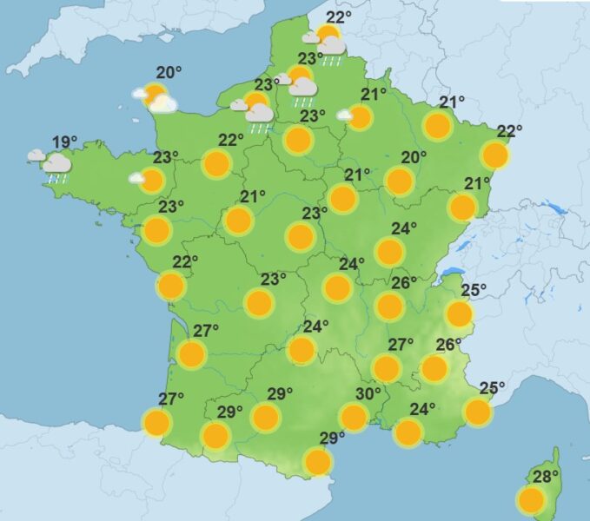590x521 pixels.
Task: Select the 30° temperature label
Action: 368,393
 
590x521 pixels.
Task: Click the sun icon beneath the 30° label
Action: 354,418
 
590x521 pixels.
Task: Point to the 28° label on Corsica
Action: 546,476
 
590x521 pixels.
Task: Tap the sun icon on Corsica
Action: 531,499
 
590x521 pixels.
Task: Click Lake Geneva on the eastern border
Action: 451,272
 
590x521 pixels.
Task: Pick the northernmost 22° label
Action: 339,17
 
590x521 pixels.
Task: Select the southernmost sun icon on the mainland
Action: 318,462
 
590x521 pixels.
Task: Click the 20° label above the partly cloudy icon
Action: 169,73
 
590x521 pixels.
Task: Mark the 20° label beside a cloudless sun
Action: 414,157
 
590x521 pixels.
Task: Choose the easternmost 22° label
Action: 509,131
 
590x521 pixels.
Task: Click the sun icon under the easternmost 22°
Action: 494,155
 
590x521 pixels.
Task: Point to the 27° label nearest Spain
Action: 171,399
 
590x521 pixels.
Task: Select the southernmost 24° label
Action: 422,409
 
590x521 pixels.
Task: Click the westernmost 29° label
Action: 229,412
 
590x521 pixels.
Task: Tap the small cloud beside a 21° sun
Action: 345,115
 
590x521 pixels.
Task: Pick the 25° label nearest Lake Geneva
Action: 474,289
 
